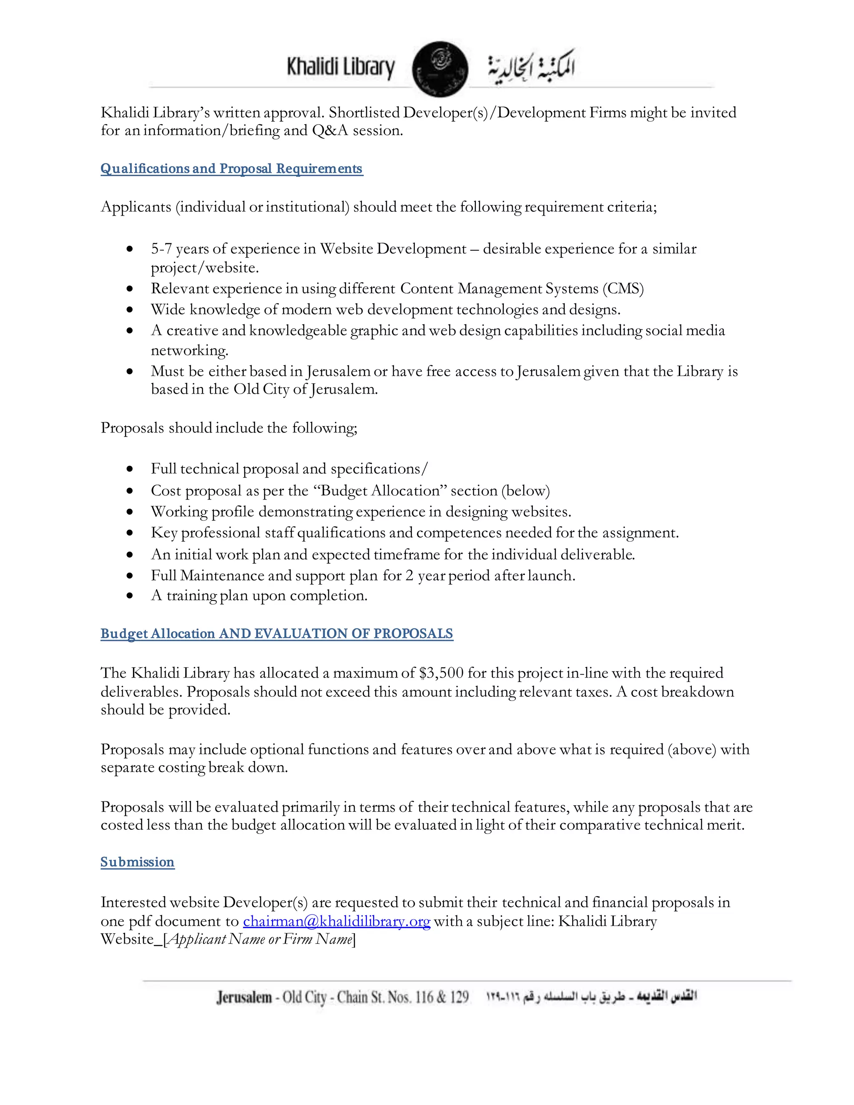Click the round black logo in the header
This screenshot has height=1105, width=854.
pyautogui.click(x=440, y=69)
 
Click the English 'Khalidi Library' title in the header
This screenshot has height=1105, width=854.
pyautogui.click(x=341, y=67)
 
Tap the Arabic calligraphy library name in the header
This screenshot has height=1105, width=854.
pyautogui.click(x=531, y=67)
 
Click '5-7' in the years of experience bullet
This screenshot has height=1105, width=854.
pyautogui.click(x=161, y=249)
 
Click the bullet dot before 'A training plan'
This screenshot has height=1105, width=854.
pyautogui.click(x=130, y=596)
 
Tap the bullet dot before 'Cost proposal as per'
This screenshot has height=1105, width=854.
pyautogui.click(x=130, y=491)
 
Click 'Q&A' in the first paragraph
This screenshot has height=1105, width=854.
pyautogui.click(x=330, y=131)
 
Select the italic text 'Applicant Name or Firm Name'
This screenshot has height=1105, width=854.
pyautogui.click(x=259, y=939)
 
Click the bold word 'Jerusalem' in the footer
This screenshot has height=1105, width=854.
pyautogui.click(x=244, y=997)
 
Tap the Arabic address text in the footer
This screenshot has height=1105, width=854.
pyautogui.click(x=592, y=997)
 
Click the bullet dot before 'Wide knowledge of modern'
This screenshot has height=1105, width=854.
pyautogui.click(x=130, y=310)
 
